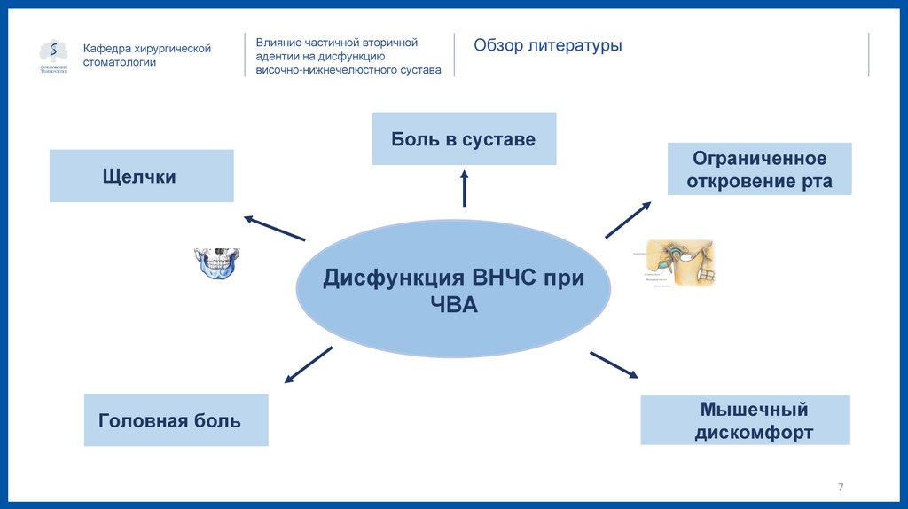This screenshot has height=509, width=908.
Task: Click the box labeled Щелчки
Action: tap(141, 176)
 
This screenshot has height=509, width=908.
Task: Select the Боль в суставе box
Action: tap(464, 138)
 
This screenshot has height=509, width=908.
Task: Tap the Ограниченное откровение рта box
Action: tap(759, 169)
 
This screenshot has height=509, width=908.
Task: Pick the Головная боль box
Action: tap(176, 419)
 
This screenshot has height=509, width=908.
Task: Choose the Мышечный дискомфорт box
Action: tap(745, 420)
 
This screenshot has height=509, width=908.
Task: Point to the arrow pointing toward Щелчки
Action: tap(274, 228)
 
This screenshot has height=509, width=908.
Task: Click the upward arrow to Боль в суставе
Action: tap(464, 189)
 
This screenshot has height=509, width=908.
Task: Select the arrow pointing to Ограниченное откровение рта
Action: tap(629, 219)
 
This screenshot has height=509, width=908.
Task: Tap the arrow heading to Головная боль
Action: tap(308, 365)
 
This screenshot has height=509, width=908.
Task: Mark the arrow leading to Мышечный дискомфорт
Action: tap(614, 364)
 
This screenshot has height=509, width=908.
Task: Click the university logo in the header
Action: tap(53, 56)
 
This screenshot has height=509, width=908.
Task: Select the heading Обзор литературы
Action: tap(547, 46)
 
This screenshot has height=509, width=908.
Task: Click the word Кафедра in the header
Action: tap(107, 49)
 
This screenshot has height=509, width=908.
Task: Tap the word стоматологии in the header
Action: tap(120, 63)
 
